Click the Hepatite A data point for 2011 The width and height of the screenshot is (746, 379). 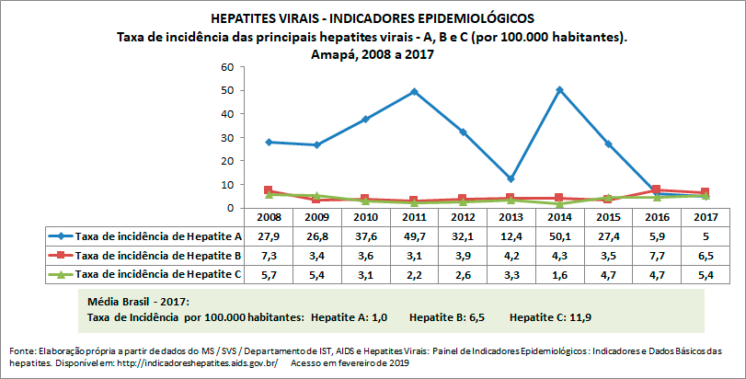coord(414,91)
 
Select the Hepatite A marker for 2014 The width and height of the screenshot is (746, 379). coord(560,90)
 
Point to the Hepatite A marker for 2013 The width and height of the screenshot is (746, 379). coord(511,178)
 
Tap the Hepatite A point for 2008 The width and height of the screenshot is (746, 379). coord(268,142)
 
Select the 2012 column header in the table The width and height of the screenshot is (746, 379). coord(463,217)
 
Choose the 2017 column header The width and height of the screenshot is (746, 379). coord(706,217)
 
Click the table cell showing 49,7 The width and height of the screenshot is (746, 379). coord(414,235)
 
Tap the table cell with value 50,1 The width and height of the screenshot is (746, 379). coord(560,235)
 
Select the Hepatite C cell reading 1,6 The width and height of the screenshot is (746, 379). coord(560,273)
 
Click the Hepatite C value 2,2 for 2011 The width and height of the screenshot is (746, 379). coord(414,273)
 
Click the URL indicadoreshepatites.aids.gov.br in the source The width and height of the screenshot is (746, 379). coord(193,362)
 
